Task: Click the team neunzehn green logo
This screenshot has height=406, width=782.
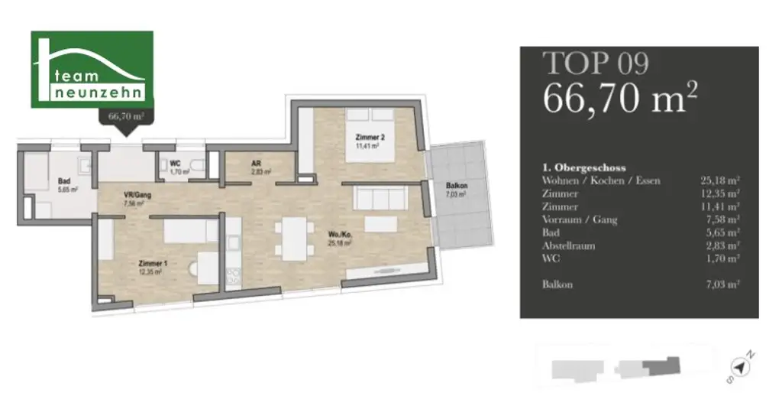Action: click(92, 70)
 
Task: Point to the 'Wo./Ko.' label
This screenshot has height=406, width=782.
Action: click(340, 234)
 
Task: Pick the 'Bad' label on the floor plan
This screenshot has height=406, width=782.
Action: click(64, 181)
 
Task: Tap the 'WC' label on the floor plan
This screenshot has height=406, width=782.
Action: click(174, 163)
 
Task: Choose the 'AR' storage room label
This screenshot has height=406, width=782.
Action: click(257, 163)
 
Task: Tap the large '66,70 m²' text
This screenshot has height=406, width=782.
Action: click(619, 98)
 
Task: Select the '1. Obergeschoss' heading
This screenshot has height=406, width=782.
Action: click(583, 167)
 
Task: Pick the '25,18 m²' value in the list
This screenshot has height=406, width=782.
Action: click(720, 180)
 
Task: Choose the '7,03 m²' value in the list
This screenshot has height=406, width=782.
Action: click(720, 284)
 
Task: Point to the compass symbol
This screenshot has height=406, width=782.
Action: click(739, 366)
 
